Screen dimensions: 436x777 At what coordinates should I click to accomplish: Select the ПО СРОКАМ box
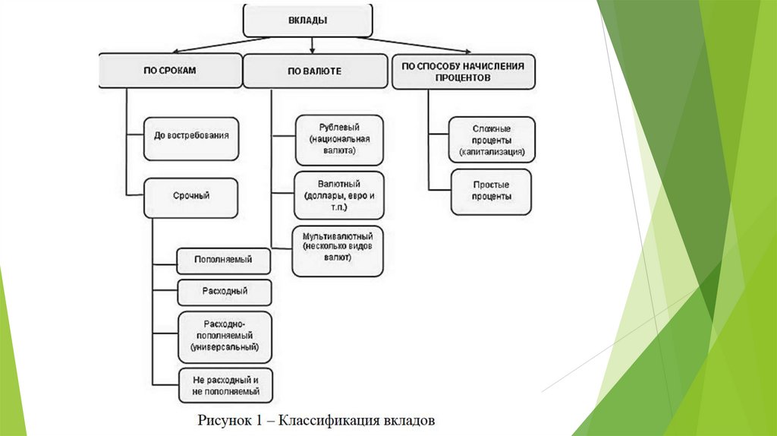point(169,71)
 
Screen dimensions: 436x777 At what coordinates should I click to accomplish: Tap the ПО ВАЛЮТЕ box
point(314,71)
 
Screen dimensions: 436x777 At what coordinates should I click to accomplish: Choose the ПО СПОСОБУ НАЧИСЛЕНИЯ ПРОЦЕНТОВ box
point(463,71)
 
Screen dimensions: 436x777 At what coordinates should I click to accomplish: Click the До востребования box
point(191,138)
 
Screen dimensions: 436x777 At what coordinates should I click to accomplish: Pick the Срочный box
point(191,196)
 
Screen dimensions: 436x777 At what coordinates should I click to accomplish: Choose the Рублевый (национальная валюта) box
point(338,140)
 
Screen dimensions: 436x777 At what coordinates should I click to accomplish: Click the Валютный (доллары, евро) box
point(338,196)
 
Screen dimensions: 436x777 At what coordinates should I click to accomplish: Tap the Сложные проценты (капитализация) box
point(491,140)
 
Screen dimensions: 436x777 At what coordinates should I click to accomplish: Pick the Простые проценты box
point(491,191)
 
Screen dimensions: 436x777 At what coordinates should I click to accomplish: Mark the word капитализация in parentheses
point(491,153)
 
